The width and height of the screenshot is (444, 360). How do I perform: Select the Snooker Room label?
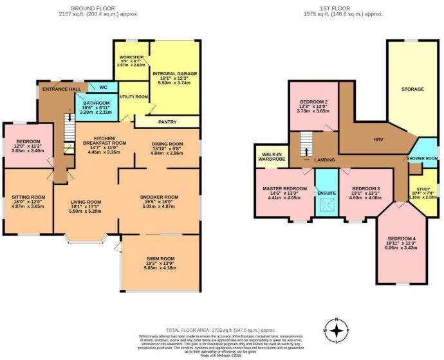(x=159, y=197)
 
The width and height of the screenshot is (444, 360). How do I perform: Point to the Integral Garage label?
(x=174, y=74)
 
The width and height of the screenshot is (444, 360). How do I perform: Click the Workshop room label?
(x=131, y=58)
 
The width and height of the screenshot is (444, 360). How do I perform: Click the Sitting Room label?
(x=29, y=197)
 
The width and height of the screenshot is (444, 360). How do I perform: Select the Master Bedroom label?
(x=285, y=188)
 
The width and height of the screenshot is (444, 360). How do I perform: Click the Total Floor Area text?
(x=221, y=328)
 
